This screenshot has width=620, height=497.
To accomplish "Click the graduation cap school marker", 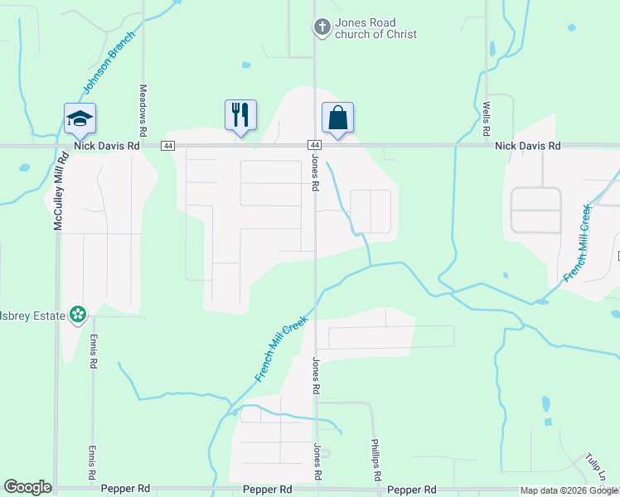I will (x=80, y=118).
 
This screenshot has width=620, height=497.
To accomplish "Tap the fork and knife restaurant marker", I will (x=240, y=114).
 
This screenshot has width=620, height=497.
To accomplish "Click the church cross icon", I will (x=322, y=28).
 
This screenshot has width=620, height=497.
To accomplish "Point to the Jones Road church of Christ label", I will (x=375, y=28).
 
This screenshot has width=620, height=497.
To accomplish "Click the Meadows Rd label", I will (x=143, y=109).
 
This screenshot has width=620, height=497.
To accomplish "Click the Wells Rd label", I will (x=487, y=118).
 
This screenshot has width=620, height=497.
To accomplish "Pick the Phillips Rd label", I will (x=375, y=461).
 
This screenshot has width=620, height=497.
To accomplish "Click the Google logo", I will (x=27, y=487).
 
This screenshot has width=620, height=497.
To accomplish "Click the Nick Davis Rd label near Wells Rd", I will (x=528, y=145).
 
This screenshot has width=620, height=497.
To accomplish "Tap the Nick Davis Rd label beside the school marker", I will (x=106, y=145).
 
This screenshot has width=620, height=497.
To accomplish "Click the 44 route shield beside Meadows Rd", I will (x=168, y=146).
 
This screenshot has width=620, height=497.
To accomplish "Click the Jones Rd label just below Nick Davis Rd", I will (x=316, y=173).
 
